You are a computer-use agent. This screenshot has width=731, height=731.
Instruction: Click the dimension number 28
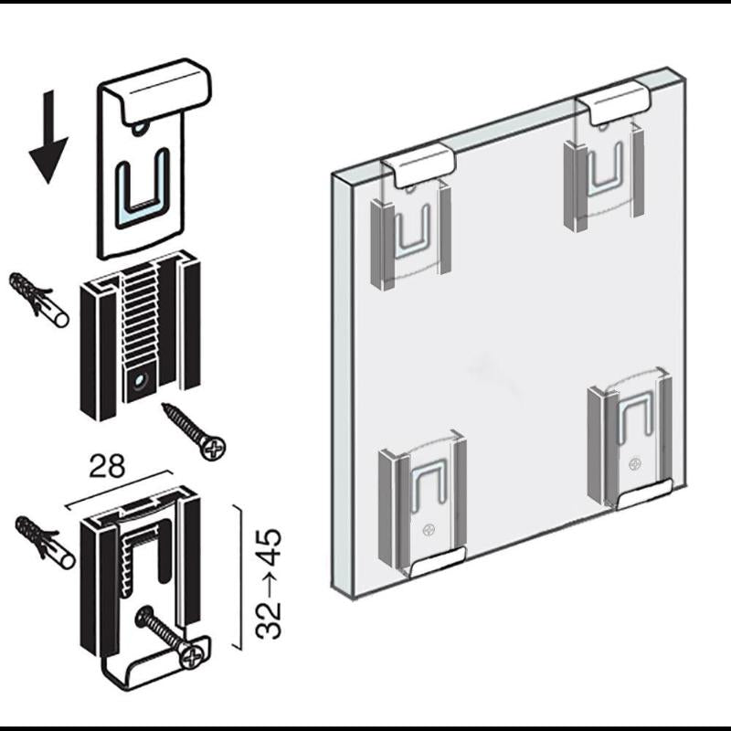[107, 466]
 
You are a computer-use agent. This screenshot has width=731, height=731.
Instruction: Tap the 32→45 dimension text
[269, 583]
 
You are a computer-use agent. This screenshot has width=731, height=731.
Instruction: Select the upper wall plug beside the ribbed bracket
[38, 301]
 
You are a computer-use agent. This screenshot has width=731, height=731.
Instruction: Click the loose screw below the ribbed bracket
[194, 431]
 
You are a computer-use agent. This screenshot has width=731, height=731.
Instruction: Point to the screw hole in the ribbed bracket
[138, 382]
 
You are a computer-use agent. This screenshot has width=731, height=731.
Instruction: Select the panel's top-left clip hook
[419, 164]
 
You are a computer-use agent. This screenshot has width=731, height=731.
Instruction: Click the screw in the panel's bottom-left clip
[428, 530]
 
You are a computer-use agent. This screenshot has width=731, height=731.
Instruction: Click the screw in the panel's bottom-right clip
[634, 464]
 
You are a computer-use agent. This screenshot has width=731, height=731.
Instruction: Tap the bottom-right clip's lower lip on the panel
[644, 494]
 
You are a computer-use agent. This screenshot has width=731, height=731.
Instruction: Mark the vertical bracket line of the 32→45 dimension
[241, 577]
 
